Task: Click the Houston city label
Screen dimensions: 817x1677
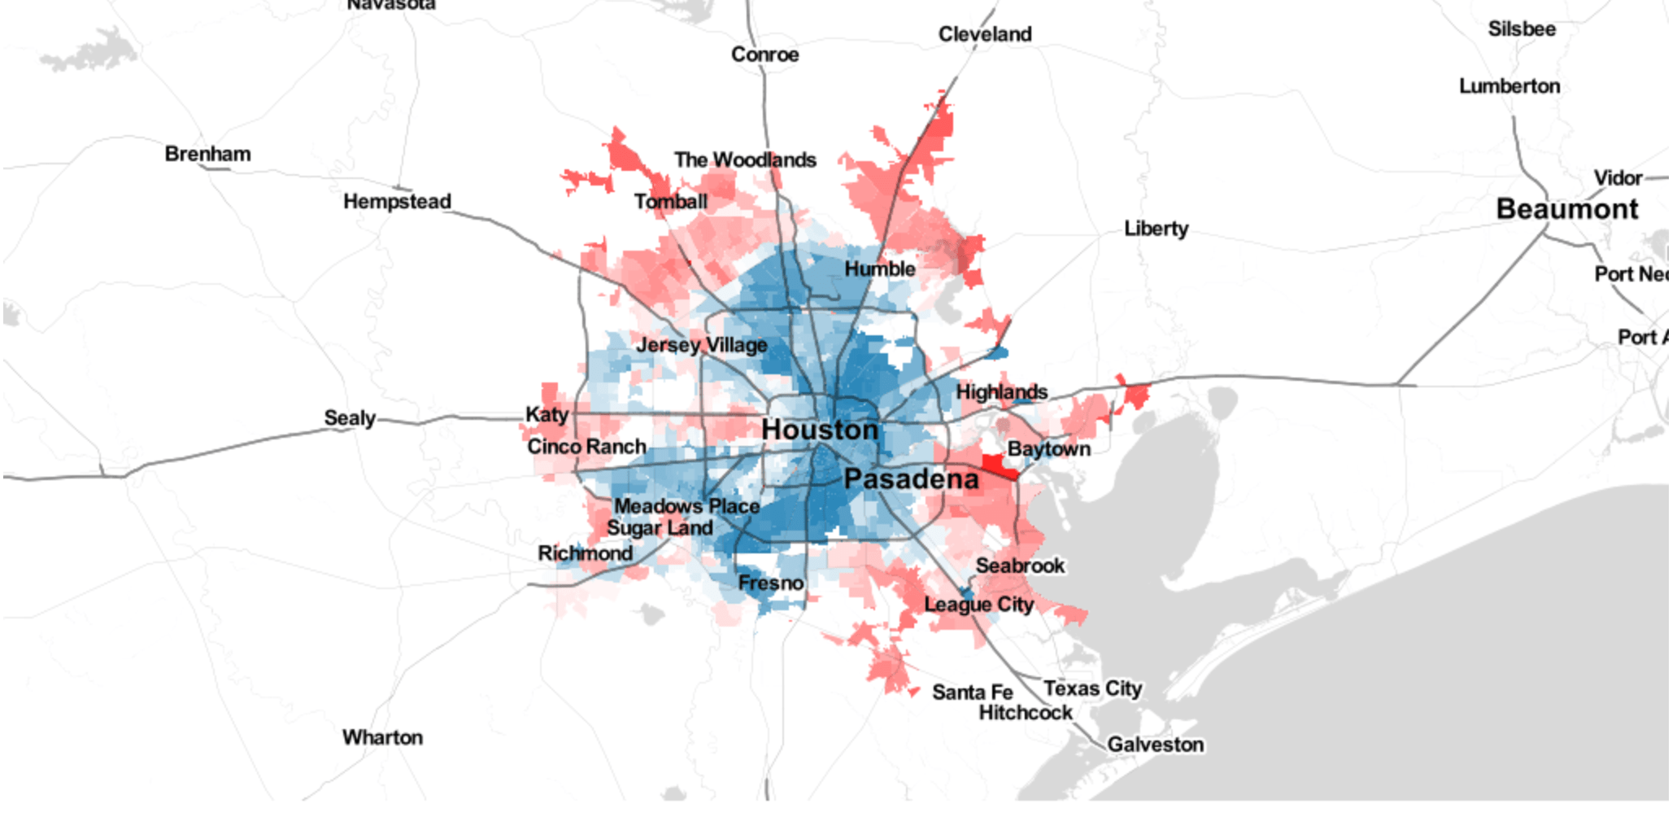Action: click(820, 429)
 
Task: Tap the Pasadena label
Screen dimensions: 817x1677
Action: click(911, 478)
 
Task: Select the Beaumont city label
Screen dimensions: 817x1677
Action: click(1566, 209)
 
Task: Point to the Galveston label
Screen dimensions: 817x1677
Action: click(1155, 745)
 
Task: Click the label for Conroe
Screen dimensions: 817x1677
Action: click(764, 55)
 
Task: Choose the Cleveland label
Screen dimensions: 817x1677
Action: click(984, 34)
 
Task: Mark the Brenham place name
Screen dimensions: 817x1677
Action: click(207, 154)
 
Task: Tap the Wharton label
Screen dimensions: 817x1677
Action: click(382, 737)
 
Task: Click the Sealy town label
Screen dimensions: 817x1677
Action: click(350, 418)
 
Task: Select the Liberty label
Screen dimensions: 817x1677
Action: click(1156, 229)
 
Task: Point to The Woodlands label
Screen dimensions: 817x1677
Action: click(745, 159)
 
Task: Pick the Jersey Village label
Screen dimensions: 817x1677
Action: click(701, 345)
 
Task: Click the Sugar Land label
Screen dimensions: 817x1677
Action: click(660, 528)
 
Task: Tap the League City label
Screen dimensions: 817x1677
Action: click(978, 605)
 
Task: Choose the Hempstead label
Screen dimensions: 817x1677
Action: click(397, 201)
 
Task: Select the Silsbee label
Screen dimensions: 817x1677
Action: click(1521, 29)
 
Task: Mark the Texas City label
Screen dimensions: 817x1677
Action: click(1092, 688)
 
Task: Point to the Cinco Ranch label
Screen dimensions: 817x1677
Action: click(586, 447)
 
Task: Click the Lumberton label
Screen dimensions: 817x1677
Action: click(1509, 86)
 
